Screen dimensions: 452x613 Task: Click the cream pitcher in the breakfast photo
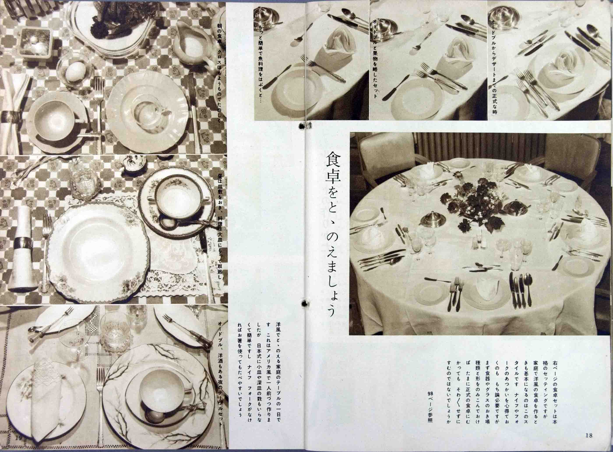click(192, 44)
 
